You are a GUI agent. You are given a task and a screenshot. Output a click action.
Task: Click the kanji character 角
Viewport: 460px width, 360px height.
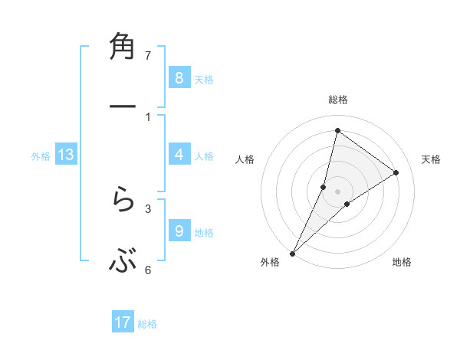pos(123,47)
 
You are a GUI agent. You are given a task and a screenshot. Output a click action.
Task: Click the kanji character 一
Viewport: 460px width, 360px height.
pos(123,108)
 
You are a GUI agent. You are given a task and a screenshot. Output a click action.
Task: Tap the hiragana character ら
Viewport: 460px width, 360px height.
pos(123,202)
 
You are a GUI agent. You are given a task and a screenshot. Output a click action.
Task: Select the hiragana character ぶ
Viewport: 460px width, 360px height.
pos(123,263)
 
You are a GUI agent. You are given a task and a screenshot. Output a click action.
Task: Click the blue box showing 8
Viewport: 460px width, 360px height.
pos(179,78)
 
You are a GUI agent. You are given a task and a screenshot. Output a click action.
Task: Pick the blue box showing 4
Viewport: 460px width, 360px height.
pos(179,155)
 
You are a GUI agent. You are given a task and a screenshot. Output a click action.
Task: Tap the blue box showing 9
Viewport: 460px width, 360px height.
pos(179,231)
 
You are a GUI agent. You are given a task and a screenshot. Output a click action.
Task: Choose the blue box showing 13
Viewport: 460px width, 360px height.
pos(66,155)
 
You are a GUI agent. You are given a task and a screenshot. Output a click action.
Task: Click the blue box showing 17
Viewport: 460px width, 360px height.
pos(123,322)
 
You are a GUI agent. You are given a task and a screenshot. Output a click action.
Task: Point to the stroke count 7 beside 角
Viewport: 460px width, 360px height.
pos(148,56)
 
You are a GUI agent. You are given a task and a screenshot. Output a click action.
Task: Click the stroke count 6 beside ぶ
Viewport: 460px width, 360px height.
pos(148,270)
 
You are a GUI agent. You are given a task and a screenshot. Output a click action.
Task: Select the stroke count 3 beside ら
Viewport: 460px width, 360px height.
pos(148,208)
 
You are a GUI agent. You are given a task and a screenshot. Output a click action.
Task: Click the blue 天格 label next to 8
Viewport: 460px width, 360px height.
pos(204,79)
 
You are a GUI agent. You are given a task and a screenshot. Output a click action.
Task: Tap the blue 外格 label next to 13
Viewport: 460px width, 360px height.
pos(41,155)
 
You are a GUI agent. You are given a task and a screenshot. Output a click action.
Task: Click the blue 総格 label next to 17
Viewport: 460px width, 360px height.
pos(147,323)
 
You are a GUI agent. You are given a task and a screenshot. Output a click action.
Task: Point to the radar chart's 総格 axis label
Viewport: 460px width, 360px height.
pos(337,100)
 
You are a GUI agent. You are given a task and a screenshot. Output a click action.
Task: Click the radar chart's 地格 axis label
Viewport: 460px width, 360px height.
pos(402,262)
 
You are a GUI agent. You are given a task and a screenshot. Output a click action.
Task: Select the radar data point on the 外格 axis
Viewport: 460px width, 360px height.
pos(292,253)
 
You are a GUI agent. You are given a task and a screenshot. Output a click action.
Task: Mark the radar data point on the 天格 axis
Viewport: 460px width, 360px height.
pos(396,172)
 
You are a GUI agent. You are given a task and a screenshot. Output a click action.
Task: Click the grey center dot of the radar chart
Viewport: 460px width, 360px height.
pos(337,191)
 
